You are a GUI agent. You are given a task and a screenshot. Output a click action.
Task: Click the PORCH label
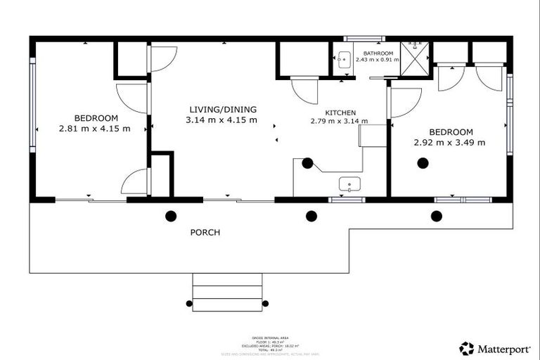205,232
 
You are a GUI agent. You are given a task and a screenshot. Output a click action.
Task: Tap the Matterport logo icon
466,348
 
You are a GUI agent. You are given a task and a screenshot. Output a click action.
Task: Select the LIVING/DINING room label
222,110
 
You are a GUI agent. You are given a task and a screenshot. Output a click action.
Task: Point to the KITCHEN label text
340,112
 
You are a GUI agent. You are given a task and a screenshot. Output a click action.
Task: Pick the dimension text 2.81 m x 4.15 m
94,128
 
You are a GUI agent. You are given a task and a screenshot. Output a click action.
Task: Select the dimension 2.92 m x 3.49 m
450,143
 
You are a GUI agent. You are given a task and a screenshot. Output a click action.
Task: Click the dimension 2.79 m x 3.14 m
340,121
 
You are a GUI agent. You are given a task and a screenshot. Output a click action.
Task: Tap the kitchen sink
349,184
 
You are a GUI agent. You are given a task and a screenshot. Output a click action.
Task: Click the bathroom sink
344,59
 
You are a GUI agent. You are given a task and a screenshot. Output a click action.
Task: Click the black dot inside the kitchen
307,163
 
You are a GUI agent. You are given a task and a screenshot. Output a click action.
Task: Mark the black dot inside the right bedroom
423,163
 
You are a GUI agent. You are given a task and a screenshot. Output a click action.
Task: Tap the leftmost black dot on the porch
170,216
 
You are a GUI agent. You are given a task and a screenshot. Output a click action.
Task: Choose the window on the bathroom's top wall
364,38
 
